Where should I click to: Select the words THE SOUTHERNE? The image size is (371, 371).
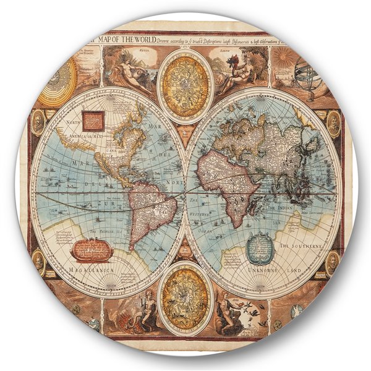click(x=301, y=246)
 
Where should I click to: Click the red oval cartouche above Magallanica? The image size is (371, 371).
click(x=91, y=249)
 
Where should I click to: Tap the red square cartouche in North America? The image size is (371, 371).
click(x=92, y=119)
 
